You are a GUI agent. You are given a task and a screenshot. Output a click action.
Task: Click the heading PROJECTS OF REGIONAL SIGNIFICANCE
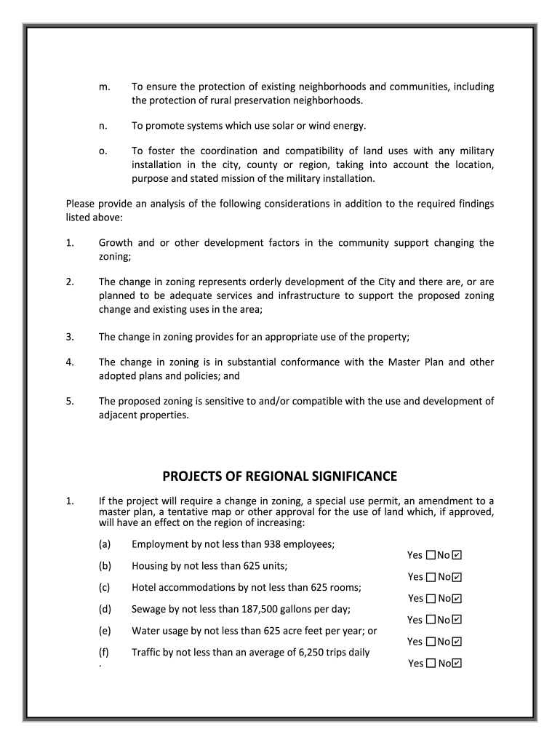point(279,477)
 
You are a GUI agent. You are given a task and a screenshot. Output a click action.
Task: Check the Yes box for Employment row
point(431,555)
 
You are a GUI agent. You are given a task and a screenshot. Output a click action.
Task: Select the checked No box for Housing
point(457,577)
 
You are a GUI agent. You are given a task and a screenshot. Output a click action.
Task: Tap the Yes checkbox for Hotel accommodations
point(431,599)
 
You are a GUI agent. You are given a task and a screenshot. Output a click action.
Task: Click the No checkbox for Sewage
point(457,620)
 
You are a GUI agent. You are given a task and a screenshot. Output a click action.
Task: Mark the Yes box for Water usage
point(431,642)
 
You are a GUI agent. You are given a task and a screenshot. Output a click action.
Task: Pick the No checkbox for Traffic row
point(457,664)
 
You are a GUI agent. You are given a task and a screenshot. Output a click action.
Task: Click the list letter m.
point(103,87)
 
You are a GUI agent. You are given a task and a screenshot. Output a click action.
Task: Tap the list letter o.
point(103,151)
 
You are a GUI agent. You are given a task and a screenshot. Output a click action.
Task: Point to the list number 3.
point(70,337)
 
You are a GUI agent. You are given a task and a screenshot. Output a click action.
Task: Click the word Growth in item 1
point(116,243)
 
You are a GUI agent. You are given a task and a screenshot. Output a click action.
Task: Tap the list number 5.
point(70,402)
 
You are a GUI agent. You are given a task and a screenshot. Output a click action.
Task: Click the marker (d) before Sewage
point(105,609)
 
